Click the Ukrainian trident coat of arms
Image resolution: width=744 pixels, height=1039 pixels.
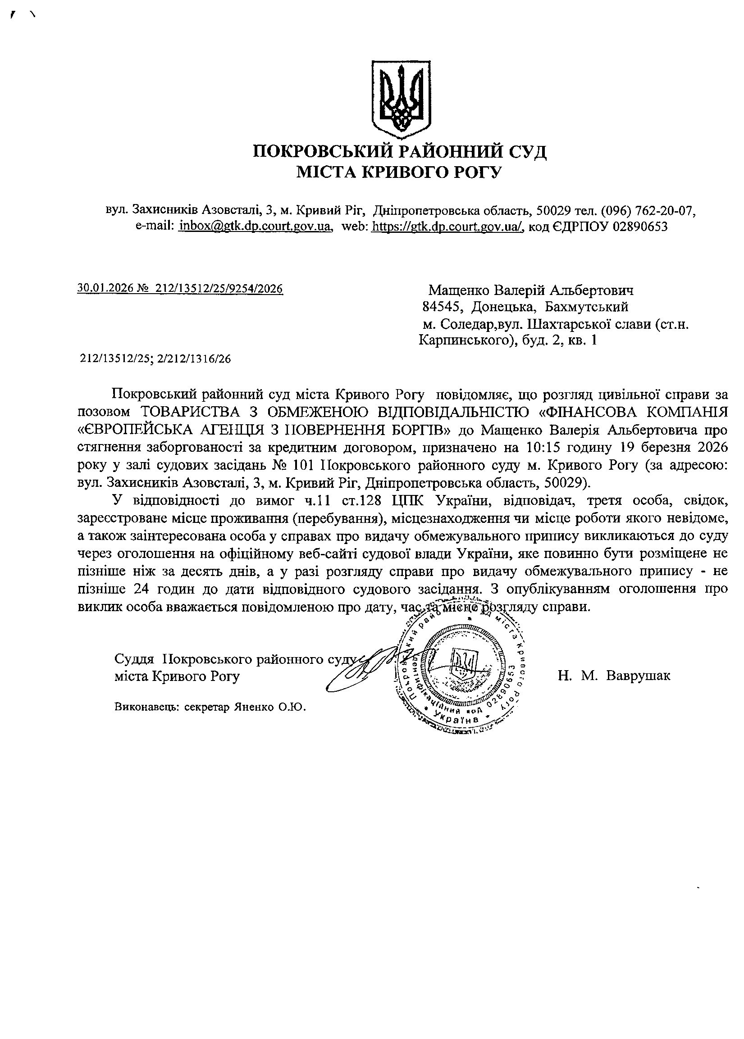tap(401, 99)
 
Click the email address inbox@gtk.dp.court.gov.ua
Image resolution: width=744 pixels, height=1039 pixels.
tap(256, 226)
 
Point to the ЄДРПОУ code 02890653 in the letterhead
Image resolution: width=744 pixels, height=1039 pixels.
tap(641, 226)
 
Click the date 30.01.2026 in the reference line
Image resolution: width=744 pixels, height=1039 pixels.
tap(102, 288)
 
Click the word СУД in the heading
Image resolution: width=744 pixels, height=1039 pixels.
tap(526, 151)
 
